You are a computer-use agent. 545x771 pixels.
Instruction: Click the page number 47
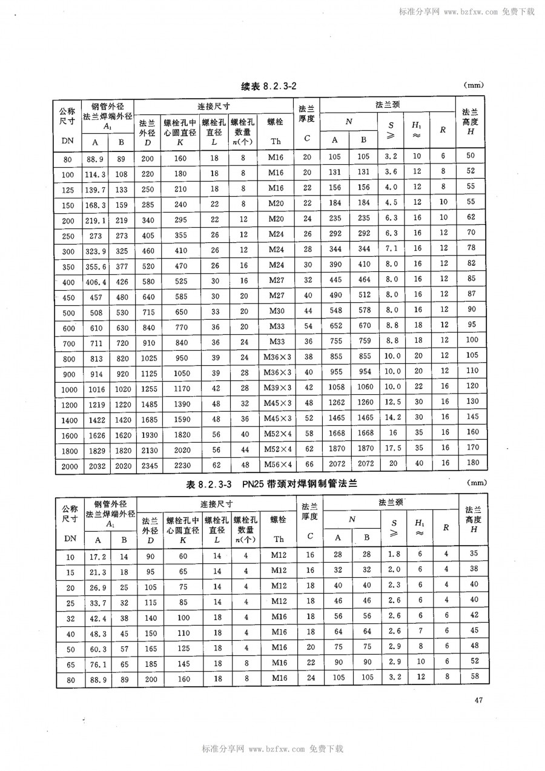coord(478,701)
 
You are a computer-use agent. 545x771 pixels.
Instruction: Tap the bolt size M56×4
coord(277,464)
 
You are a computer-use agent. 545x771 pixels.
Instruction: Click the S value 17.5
coord(393,449)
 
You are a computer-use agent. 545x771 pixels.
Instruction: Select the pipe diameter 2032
coord(95,464)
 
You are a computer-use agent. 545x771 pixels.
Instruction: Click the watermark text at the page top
coord(466,11)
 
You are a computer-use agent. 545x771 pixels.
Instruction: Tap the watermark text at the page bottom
coord(272,749)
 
